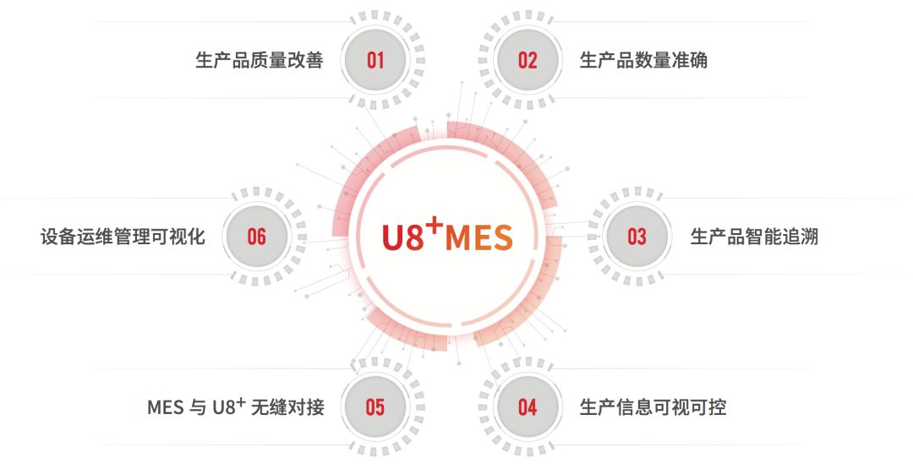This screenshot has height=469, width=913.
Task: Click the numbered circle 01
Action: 375,60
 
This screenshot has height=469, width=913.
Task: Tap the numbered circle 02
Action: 528,60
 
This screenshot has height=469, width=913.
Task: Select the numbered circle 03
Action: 637,236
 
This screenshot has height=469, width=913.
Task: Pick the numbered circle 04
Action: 528,407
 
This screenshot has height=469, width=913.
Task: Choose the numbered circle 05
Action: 375,407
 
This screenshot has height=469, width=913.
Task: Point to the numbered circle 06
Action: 257,236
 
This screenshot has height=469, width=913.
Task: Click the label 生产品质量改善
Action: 260,61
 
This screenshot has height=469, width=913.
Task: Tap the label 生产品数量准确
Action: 643,61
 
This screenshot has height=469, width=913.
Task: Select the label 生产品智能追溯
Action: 754,237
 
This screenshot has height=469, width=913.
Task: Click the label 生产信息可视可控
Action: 653,408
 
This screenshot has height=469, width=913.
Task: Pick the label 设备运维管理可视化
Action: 123,237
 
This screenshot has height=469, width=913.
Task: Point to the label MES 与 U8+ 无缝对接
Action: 236,407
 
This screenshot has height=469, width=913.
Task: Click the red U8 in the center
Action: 402,237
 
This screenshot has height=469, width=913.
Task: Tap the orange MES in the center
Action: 478,237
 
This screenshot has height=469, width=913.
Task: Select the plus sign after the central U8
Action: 434,222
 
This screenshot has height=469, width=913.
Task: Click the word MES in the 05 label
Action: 166,408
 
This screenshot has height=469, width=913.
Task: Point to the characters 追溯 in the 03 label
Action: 802,237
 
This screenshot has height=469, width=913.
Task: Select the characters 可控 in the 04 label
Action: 711,408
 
